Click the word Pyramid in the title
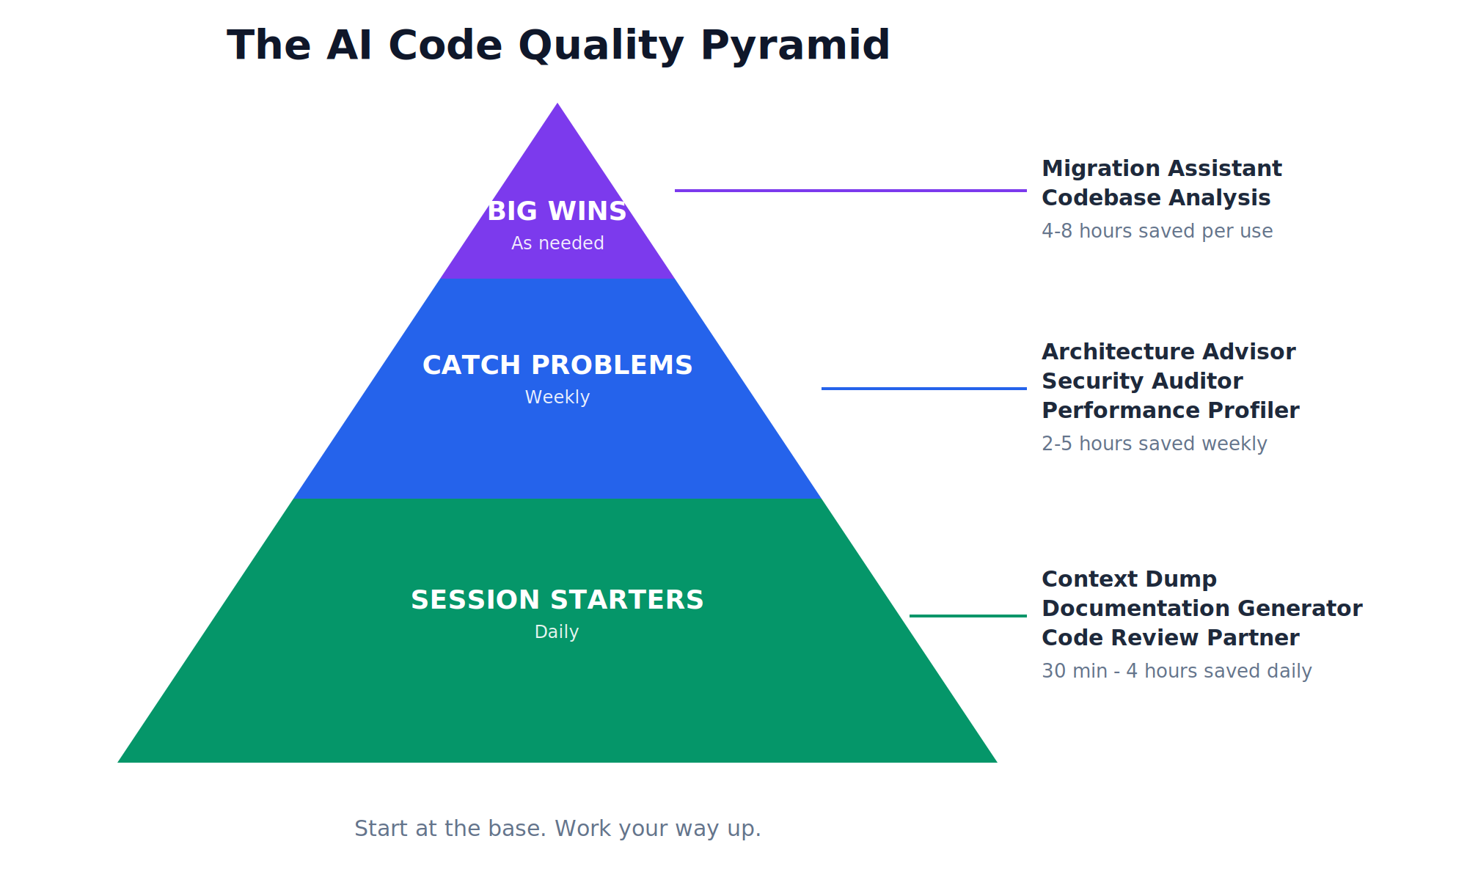click(x=795, y=45)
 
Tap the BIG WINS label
click(x=557, y=211)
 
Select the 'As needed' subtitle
click(x=557, y=243)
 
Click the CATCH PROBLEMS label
click(x=557, y=365)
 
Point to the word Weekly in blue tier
click(x=557, y=397)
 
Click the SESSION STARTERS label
click(x=557, y=600)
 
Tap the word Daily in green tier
click(x=557, y=632)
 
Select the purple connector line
click(x=851, y=191)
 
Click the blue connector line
click(x=924, y=389)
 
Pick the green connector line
click(x=968, y=616)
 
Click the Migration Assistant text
click(x=1162, y=169)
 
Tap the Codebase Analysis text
click(x=1156, y=198)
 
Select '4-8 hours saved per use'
click(x=1157, y=231)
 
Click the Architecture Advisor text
click(x=1168, y=352)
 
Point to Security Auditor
click(x=1142, y=381)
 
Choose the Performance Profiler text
click(x=1171, y=411)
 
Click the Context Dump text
click(x=1130, y=579)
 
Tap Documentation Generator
click(x=1202, y=609)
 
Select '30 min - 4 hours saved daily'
click(x=1177, y=671)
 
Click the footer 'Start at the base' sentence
click(x=557, y=829)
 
